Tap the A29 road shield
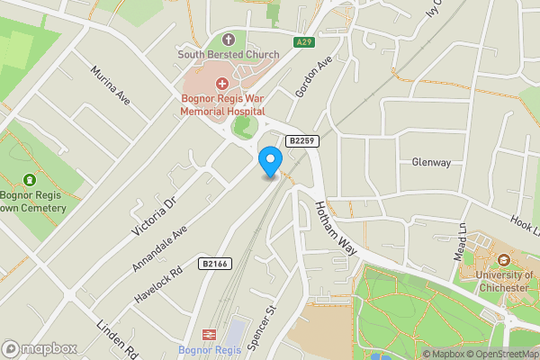point(305,41)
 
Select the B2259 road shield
point(302,141)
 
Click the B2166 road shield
point(214,264)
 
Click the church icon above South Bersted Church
point(228,40)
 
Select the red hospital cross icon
point(221,83)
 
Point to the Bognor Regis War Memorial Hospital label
point(221,103)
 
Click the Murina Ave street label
point(112,85)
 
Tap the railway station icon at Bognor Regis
point(206,333)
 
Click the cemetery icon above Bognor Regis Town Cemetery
point(31,180)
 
